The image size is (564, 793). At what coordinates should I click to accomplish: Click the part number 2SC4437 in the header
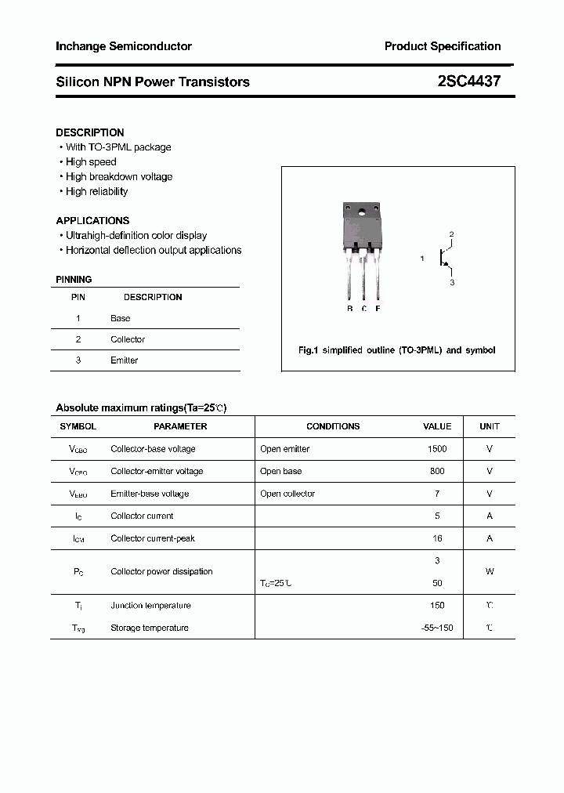469,81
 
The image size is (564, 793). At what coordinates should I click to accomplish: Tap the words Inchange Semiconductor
124,46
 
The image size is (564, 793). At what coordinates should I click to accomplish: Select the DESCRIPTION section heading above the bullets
90,132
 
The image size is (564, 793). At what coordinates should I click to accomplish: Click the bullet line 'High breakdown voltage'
119,176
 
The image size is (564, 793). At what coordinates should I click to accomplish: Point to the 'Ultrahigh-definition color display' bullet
136,235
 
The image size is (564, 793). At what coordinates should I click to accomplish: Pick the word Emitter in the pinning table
125,360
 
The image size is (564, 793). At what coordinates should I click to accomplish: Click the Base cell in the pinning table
121,318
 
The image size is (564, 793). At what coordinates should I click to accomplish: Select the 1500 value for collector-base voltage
437,449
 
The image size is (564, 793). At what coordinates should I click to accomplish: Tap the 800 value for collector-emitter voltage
437,471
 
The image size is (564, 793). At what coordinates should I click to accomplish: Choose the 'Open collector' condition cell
287,494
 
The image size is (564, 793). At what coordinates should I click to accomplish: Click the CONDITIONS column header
333,426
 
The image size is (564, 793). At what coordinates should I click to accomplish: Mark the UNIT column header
490,426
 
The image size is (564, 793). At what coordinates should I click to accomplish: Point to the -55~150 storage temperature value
437,628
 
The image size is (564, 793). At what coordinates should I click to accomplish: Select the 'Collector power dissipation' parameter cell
161,571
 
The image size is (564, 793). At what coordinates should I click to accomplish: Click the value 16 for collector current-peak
437,538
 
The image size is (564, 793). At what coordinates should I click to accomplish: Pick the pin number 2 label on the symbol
451,234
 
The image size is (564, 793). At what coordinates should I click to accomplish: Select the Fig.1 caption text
397,350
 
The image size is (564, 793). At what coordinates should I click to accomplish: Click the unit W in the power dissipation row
490,571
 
